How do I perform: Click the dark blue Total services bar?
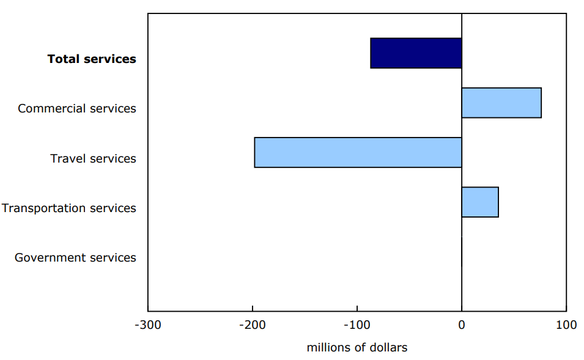(416, 53)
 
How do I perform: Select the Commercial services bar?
(501, 103)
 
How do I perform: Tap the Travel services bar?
(358, 152)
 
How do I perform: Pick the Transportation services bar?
(479, 202)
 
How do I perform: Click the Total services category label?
(92, 59)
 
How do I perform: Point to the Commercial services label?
(77, 109)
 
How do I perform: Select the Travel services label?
(93, 159)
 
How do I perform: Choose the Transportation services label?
(68, 208)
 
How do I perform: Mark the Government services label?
(75, 258)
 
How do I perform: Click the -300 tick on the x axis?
(147, 325)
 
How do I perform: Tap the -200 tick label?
(252, 325)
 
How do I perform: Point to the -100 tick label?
(357, 325)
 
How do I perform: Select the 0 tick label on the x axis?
(462, 325)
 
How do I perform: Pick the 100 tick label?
(566, 325)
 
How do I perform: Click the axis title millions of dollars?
(357, 348)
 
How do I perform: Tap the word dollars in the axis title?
(388, 348)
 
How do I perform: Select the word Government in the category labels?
(48, 258)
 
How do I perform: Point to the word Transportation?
(43, 208)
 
